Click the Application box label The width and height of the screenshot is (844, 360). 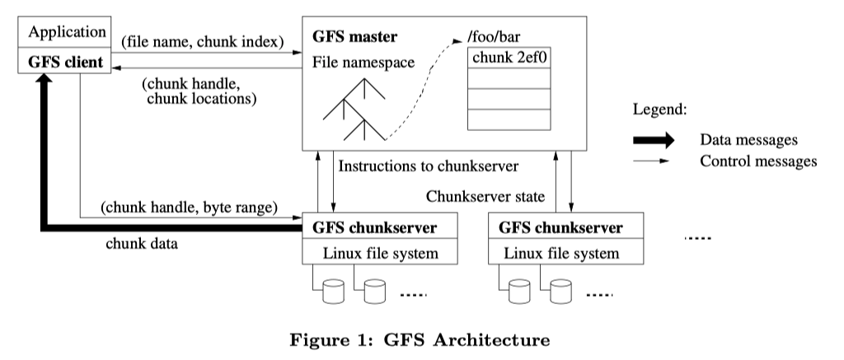(x=67, y=32)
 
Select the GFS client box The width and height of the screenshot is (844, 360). (x=67, y=61)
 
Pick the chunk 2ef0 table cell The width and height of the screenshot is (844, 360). (x=509, y=57)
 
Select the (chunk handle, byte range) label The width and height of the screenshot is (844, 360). (x=189, y=206)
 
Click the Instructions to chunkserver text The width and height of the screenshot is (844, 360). (x=428, y=166)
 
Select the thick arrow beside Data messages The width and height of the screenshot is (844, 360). (x=656, y=140)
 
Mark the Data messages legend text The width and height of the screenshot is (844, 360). (x=748, y=140)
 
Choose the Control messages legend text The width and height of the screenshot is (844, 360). (x=758, y=161)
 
